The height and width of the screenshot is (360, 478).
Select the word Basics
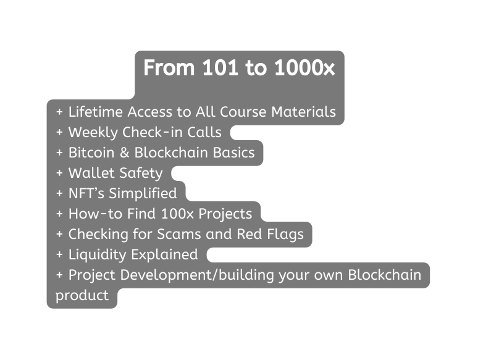(234, 153)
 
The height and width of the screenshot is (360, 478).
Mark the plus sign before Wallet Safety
(60, 174)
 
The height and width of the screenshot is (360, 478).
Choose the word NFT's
(86, 193)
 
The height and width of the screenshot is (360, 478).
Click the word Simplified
(143, 194)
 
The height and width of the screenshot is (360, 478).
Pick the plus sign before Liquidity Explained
(60, 255)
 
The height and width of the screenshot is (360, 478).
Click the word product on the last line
(82, 296)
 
